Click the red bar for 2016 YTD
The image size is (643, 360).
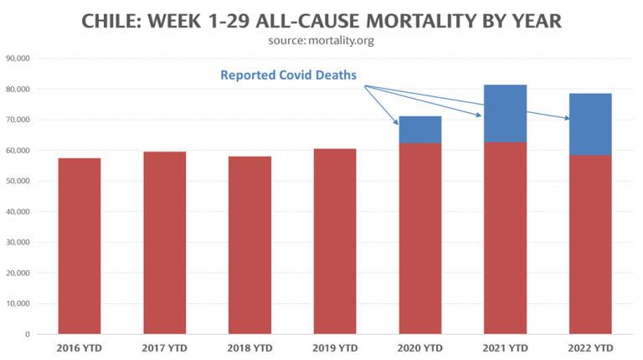(79, 246)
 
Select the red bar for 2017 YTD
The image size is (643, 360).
(164, 243)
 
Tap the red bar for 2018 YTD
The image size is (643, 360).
(249, 245)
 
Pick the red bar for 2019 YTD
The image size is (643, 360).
(335, 242)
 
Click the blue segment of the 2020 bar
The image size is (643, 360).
(420, 130)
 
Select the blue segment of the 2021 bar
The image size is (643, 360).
(506, 114)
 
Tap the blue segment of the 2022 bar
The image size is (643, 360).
(590, 124)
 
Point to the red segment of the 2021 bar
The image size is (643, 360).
(506, 239)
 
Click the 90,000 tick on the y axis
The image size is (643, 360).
(18, 59)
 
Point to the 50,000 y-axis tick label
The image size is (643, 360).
(18, 181)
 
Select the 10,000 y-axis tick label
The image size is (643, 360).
(18, 304)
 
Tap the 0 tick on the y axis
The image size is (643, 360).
(28, 335)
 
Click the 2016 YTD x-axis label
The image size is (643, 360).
(79, 347)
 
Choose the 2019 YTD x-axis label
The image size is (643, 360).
(335, 347)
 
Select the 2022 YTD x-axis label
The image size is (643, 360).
(590, 347)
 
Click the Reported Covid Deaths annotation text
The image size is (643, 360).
(288, 75)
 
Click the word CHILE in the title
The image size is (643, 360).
(115, 21)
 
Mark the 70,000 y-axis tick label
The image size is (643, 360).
(18, 120)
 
